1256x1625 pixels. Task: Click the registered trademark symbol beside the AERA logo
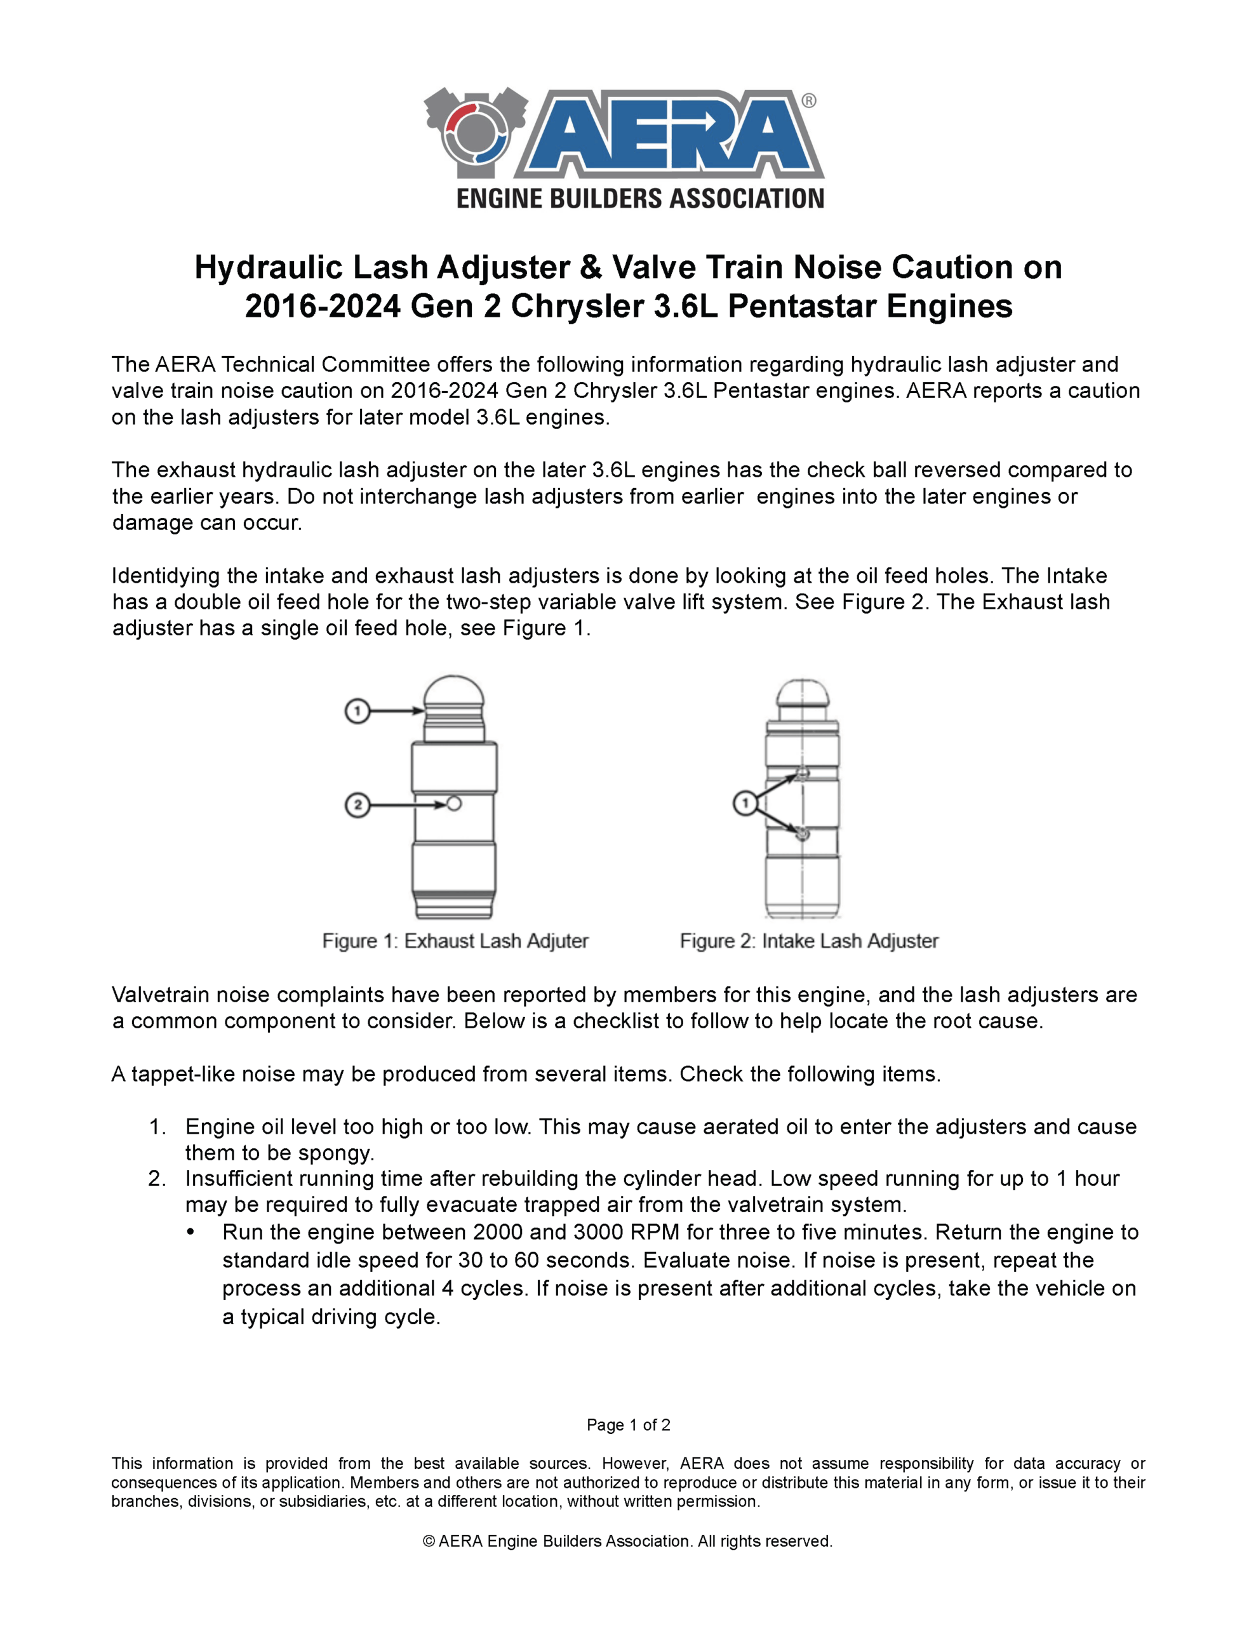pyautogui.click(x=808, y=100)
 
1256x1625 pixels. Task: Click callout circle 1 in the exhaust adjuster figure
pyautogui.click(x=357, y=712)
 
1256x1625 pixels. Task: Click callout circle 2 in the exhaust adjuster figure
pyautogui.click(x=357, y=805)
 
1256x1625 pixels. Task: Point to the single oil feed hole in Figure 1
pyautogui.click(x=454, y=804)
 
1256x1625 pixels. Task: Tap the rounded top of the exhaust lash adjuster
pyautogui.click(x=454, y=692)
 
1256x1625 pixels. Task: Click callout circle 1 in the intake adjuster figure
pyautogui.click(x=745, y=803)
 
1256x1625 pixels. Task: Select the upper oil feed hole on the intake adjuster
pyautogui.click(x=802, y=774)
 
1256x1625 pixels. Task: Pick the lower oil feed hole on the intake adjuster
pyautogui.click(x=802, y=833)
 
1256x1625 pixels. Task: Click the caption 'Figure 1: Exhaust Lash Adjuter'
pyautogui.click(x=455, y=941)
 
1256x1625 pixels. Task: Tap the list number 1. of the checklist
pyautogui.click(x=157, y=1127)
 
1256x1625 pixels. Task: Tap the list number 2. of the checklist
pyautogui.click(x=157, y=1179)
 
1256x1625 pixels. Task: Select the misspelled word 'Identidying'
pyautogui.click(x=168, y=576)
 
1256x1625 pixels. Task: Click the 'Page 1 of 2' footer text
pyautogui.click(x=629, y=1425)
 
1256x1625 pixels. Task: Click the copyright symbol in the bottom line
pyautogui.click(x=429, y=1541)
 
